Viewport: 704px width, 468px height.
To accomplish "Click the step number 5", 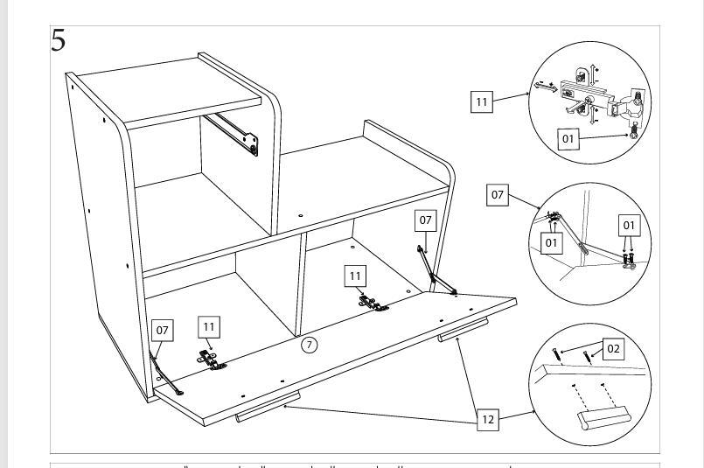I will click(59, 40).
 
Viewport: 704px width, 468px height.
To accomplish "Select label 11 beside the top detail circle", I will click(482, 102).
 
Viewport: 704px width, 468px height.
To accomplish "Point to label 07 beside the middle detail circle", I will click(498, 195).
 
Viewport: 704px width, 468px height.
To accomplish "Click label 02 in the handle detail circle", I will click(613, 349).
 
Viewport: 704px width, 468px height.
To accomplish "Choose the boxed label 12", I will click(489, 421).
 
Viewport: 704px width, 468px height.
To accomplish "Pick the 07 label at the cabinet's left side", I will click(162, 330).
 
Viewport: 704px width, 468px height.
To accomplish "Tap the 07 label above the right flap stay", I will click(424, 219).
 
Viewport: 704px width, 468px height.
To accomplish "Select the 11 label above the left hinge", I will click(209, 326).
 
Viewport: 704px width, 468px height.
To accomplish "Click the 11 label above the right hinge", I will click(355, 276).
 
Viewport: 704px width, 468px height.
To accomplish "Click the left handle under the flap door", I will click(267, 408).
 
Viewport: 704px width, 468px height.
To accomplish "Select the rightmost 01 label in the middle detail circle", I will click(629, 226).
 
